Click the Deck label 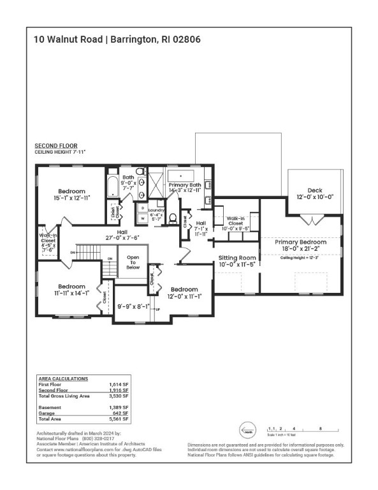point(315,190)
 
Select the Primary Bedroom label point(300,242)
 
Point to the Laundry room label point(156,210)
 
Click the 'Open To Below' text point(133,263)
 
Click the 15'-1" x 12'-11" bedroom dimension point(71,199)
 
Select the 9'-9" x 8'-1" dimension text point(134,306)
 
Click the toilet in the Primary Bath point(173,217)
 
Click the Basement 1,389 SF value point(120,407)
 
